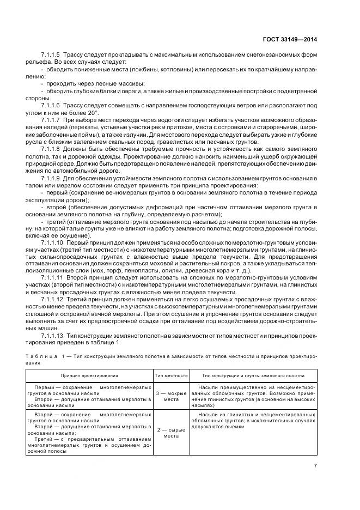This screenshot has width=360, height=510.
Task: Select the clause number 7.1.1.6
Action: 50,104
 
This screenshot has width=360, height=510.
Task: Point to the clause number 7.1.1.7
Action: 50,119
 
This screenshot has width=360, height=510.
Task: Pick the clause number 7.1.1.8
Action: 50,148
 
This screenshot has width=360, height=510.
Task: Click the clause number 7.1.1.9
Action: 50,177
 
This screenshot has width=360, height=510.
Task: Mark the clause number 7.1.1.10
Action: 52,242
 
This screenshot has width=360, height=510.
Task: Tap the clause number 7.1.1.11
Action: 52,278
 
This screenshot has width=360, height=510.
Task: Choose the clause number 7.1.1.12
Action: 52,300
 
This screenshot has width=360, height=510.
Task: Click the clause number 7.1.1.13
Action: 52,335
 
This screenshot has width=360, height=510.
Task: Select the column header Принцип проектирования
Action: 88,375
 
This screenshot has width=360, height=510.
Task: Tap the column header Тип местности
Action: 171,375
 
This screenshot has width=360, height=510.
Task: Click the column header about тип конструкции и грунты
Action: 253,375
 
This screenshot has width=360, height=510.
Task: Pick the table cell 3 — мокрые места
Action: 171,396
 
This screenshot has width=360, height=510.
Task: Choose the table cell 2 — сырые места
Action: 171,433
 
